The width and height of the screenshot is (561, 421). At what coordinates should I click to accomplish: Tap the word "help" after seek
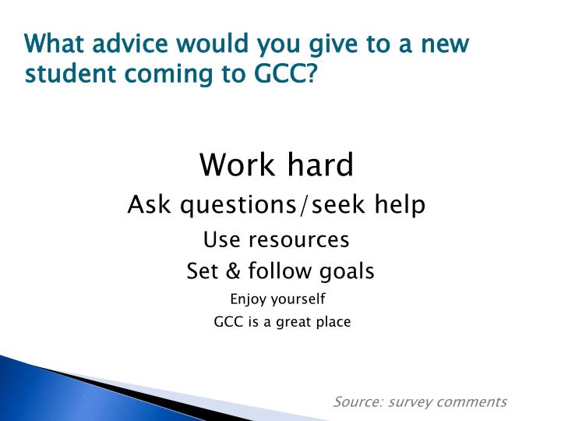pyautogui.click(x=400, y=206)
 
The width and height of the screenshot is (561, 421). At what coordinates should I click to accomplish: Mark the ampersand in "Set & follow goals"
pyautogui.click(x=232, y=271)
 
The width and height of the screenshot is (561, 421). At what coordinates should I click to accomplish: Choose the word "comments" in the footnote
pyautogui.click(x=471, y=402)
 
